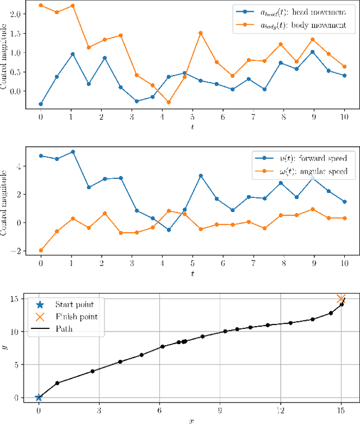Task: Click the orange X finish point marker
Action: [341, 299]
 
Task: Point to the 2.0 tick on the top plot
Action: [15, 14]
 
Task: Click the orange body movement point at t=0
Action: [40, 5]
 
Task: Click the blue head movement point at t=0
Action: [40, 104]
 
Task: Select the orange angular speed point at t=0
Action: [40, 250]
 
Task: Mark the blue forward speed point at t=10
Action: [344, 201]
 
